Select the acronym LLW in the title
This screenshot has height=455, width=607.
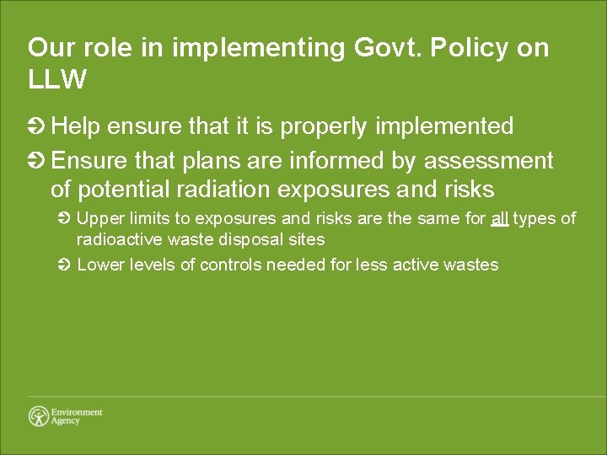click(57, 80)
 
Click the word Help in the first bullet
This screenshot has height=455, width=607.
click(76, 126)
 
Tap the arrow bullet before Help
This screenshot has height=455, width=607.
click(36, 127)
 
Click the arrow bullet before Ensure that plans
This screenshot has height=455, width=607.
click(36, 160)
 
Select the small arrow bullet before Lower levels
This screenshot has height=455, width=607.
click(67, 265)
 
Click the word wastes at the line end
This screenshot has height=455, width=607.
click(473, 265)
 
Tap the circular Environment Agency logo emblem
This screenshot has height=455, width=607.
click(39, 416)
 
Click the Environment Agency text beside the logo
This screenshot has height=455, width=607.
click(77, 416)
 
